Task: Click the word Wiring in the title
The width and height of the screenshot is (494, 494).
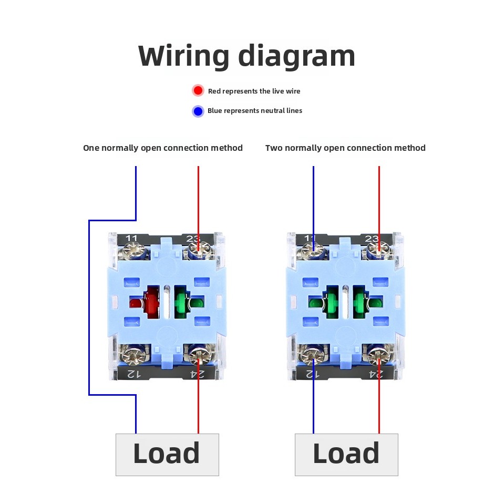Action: (x=183, y=56)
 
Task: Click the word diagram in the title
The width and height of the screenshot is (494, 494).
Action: (x=297, y=56)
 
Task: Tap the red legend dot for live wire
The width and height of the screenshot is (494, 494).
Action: (x=198, y=90)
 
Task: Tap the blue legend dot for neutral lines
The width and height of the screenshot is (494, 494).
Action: (x=198, y=111)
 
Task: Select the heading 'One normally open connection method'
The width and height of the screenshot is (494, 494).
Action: (x=163, y=148)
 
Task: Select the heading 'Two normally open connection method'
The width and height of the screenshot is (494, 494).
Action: (x=345, y=148)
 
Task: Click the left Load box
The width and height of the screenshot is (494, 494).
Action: (x=167, y=455)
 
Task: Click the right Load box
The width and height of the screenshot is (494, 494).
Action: (x=346, y=455)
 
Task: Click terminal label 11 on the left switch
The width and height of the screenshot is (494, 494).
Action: (x=131, y=238)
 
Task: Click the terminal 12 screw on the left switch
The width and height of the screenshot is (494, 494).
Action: (x=134, y=355)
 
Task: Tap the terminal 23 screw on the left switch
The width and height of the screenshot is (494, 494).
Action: (x=198, y=251)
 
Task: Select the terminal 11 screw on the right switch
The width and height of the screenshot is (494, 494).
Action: (x=313, y=251)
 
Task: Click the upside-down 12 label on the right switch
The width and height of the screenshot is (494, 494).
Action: (x=313, y=374)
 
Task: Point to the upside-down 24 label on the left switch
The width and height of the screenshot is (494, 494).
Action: (x=197, y=374)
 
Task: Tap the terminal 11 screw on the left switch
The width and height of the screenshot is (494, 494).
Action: (x=134, y=251)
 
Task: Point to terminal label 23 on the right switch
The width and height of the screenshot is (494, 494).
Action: (x=372, y=239)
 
